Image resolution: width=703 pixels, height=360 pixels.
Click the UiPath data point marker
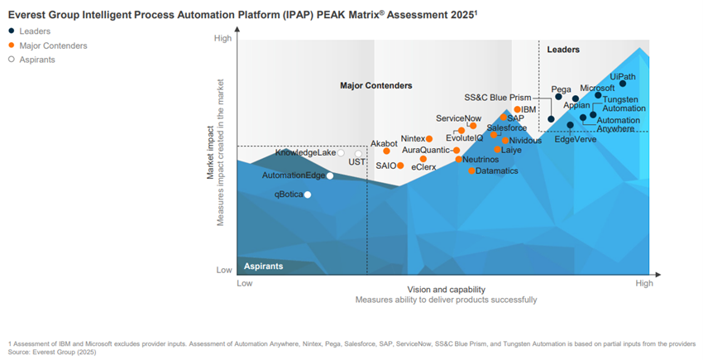[x=623, y=84]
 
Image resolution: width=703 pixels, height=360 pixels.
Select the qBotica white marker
[x=308, y=194]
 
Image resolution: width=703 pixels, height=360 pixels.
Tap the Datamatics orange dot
[x=471, y=170]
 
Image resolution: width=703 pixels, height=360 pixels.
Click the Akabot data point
[x=386, y=151]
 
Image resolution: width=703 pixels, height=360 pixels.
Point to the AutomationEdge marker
[x=330, y=175]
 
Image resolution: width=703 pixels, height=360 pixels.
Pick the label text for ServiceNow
[x=458, y=119]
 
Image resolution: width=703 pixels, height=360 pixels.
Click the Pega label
[x=562, y=88]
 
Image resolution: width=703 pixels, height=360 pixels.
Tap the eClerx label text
[x=423, y=168]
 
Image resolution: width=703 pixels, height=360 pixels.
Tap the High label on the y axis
[x=222, y=38]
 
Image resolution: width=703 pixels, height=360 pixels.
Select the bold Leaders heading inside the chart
[x=563, y=50]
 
